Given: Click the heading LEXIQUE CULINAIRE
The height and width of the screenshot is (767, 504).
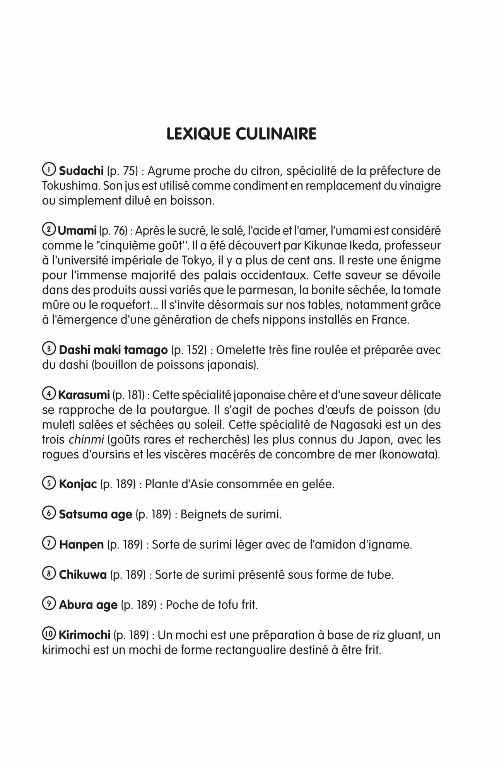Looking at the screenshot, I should point(241,134).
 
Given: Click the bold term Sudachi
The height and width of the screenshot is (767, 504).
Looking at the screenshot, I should point(81,170).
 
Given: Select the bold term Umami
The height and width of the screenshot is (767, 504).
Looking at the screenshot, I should point(77,230).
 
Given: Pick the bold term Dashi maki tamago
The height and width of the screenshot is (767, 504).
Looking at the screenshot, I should point(113,350).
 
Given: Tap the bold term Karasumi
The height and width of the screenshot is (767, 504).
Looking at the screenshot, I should point(84,395).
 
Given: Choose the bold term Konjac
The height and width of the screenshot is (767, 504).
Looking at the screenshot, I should point(78,484).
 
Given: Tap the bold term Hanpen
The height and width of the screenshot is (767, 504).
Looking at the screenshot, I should point(81,545).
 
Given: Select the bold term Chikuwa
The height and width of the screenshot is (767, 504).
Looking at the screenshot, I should point(83,575).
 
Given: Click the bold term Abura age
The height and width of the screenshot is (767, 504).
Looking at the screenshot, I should point(88,605).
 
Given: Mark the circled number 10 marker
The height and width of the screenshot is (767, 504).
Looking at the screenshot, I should point(49,635).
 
